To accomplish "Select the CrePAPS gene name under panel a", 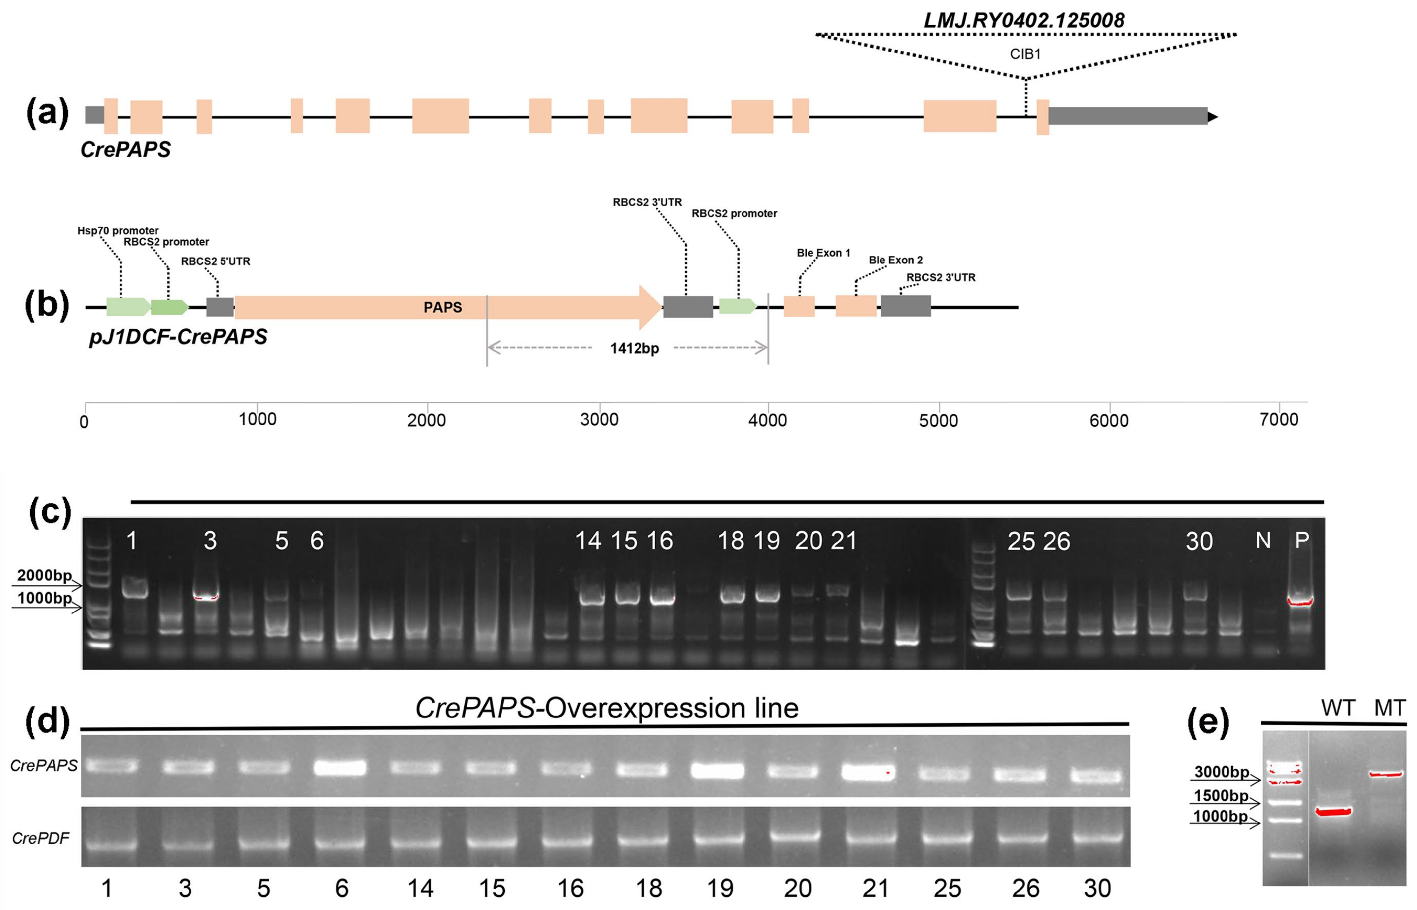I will pos(125,150).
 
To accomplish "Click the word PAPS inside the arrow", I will pos(442,307).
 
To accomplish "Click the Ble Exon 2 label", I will pos(895,260).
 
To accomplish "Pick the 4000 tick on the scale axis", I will pos(767,420).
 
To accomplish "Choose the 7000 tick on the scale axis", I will pos(1278,420).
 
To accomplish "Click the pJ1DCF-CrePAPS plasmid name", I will pos(178,337).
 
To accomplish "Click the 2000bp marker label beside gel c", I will pos(44,575).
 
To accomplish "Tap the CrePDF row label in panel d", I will pos(40,838).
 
